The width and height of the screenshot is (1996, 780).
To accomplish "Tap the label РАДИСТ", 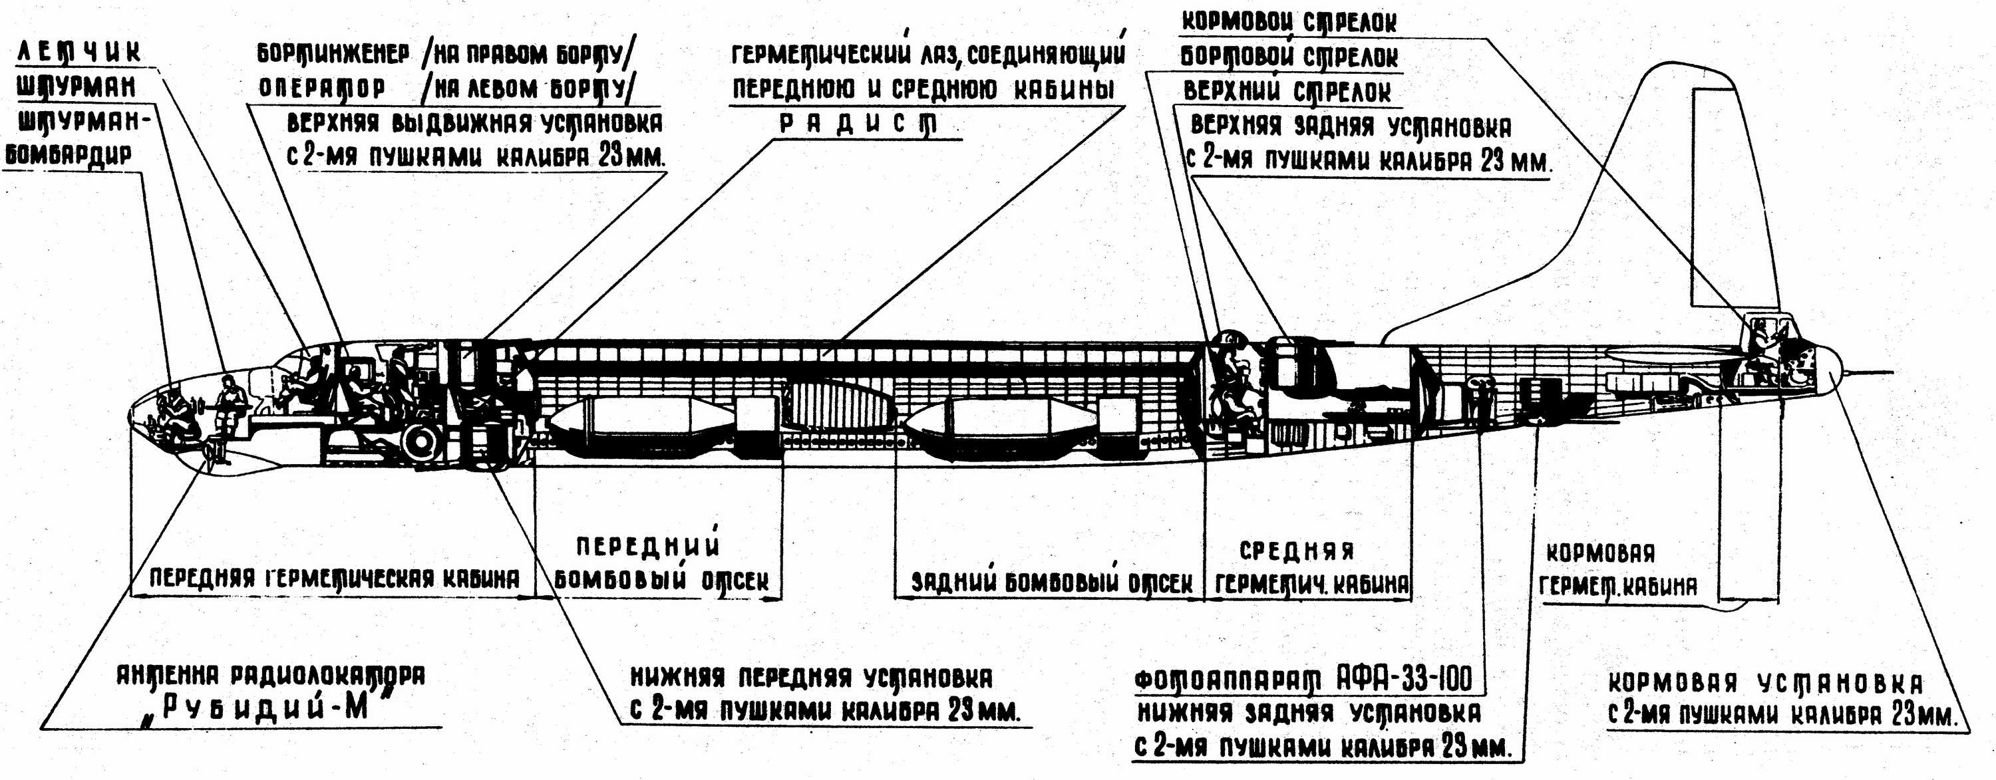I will coord(858,124).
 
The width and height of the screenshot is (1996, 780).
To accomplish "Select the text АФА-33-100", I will coord(1403,680).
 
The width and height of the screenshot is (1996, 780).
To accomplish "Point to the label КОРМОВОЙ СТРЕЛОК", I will coord(1288,22).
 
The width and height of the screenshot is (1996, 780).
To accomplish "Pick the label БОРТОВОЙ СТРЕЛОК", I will coord(1289,57).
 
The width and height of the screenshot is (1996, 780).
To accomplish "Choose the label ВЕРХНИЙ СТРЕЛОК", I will coord(1286,91).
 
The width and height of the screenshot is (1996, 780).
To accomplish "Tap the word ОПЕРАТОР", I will coord(321,88).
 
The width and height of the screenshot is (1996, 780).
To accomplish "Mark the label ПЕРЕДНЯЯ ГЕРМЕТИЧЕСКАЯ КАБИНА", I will coord(333,579).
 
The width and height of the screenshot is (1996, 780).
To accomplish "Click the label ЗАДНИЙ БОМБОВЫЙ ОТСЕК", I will coord(1051,583).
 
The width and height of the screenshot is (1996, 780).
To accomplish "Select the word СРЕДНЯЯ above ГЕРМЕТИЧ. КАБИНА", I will coord(1296,551).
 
